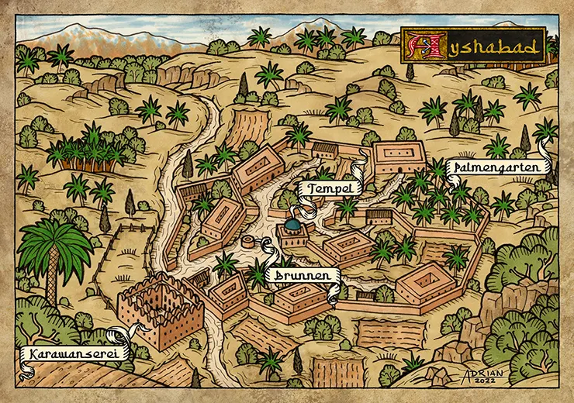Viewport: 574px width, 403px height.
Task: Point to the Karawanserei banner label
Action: click(x=67, y=355)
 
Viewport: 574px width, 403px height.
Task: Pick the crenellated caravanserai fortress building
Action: click(x=159, y=310)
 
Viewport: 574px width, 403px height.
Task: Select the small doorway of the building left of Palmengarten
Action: click(x=397, y=168)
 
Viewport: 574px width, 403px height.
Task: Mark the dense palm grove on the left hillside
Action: click(x=85, y=151)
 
